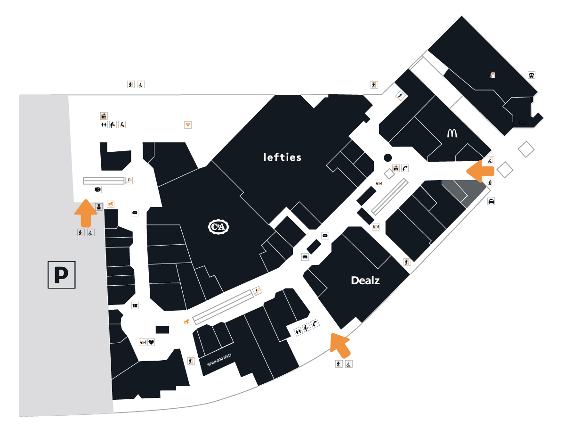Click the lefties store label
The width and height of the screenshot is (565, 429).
[x=282, y=157]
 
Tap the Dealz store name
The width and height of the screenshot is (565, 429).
[x=365, y=280]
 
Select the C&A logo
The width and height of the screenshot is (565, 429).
[x=218, y=227]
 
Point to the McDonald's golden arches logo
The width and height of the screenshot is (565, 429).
[x=452, y=133]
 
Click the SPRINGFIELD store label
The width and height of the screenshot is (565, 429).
[x=219, y=360]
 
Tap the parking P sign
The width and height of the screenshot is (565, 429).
[x=62, y=275]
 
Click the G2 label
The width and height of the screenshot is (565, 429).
[x=522, y=123]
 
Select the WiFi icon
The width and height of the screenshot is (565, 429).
[x=188, y=125]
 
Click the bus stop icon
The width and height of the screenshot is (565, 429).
[x=532, y=75]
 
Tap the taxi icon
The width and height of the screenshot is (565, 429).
[x=491, y=201]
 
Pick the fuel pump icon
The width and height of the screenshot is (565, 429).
[x=492, y=75]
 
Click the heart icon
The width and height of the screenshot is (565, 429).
[x=151, y=342]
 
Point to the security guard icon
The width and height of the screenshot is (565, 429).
[x=99, y=206]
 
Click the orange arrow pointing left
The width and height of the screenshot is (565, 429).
[x=480, y=171]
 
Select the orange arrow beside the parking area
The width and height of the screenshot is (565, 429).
[x=86, y=213]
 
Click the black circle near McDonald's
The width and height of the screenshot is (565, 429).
[x=387, y=157]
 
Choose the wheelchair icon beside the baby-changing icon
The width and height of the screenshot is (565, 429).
[x=122, y=125]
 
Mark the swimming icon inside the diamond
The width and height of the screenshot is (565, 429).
[x=400, y=96]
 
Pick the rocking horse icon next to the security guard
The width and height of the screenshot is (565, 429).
[x=111, y=204]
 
